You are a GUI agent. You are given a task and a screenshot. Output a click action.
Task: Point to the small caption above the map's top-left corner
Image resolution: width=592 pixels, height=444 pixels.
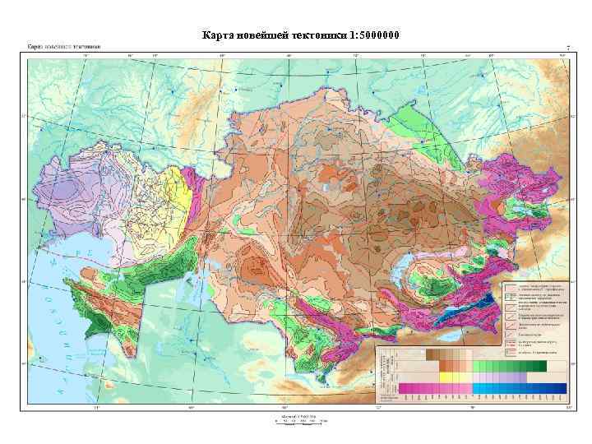click(x=64, y=47)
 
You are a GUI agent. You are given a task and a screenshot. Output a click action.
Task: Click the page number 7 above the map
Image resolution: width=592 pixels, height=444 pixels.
click(x=567, y=47)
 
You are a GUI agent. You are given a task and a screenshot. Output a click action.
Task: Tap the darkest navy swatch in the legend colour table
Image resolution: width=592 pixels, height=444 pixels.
click(x=561, y=388)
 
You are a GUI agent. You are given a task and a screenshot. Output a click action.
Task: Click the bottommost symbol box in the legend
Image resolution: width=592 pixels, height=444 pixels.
click(x=509, y=351)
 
